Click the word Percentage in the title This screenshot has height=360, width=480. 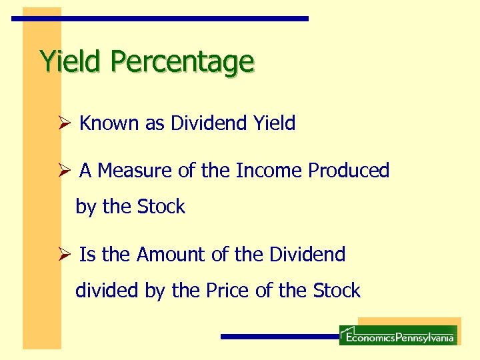click(182, 62)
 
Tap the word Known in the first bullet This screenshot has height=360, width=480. click(110, 123)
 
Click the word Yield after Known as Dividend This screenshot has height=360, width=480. click(274, 123)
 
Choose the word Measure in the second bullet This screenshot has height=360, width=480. click(135, 171)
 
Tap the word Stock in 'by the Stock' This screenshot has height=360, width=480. click(161, 207)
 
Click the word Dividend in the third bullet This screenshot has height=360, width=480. click(307, 255)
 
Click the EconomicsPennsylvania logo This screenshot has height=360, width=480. click(398, 335)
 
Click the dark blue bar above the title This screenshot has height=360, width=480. click(160, 19)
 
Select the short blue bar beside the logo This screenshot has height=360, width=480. click(279, 337)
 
